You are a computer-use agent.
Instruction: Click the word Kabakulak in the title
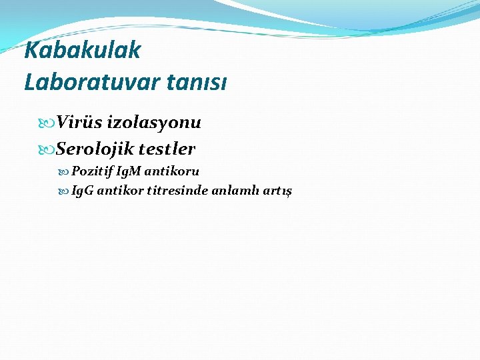click(83, 49)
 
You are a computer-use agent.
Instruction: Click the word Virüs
click(81, 123)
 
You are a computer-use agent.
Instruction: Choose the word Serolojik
click(95, 148)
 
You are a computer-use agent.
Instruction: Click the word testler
click(167, 148)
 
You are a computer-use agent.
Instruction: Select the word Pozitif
click(92, 171)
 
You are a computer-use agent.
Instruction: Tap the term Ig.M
click(131, 171)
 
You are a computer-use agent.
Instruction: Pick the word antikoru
click(174, 171)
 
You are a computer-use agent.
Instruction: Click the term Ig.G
click(83, 191)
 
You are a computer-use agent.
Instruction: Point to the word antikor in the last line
click(119, 191)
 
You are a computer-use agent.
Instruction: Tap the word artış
click(279, 191)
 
